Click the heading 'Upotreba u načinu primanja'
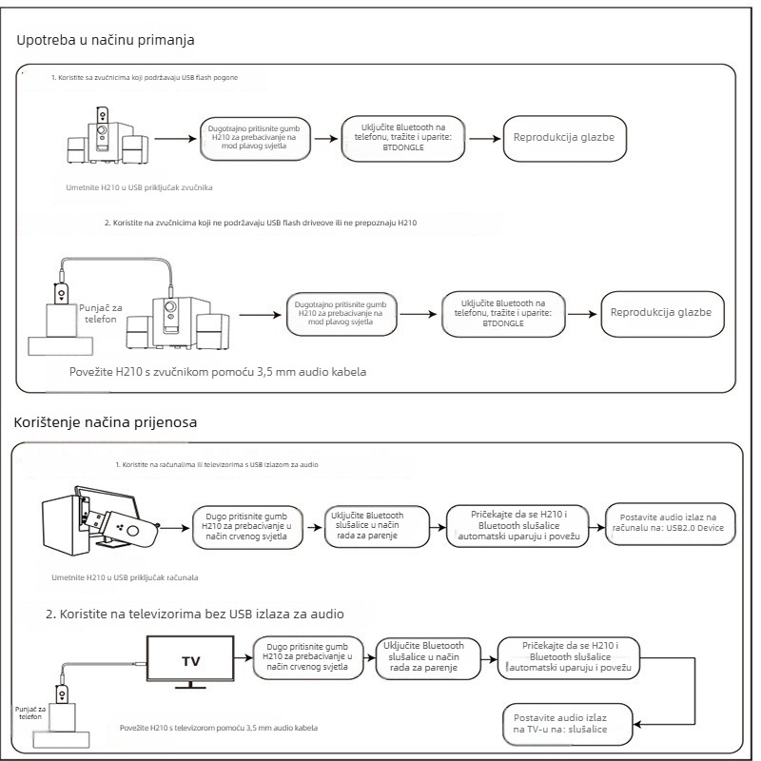106,40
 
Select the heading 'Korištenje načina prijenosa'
106,422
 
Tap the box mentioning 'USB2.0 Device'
671,524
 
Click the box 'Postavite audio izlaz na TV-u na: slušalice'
568,724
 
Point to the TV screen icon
190,661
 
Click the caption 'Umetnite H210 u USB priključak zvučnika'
139,187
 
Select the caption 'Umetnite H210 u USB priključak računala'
125,577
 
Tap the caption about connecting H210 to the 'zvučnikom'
218,372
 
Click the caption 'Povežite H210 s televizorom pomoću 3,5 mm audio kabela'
219,728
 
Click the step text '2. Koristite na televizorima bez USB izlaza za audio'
195,614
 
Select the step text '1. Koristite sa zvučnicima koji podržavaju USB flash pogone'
145,78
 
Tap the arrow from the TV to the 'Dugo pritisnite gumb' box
244,658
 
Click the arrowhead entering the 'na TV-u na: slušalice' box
636,725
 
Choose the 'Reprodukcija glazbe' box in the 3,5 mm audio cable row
662,314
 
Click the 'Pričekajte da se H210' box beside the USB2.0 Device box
517,526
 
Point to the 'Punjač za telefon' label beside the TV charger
30,712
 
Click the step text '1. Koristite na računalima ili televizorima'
217,464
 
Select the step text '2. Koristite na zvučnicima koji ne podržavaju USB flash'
261,223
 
